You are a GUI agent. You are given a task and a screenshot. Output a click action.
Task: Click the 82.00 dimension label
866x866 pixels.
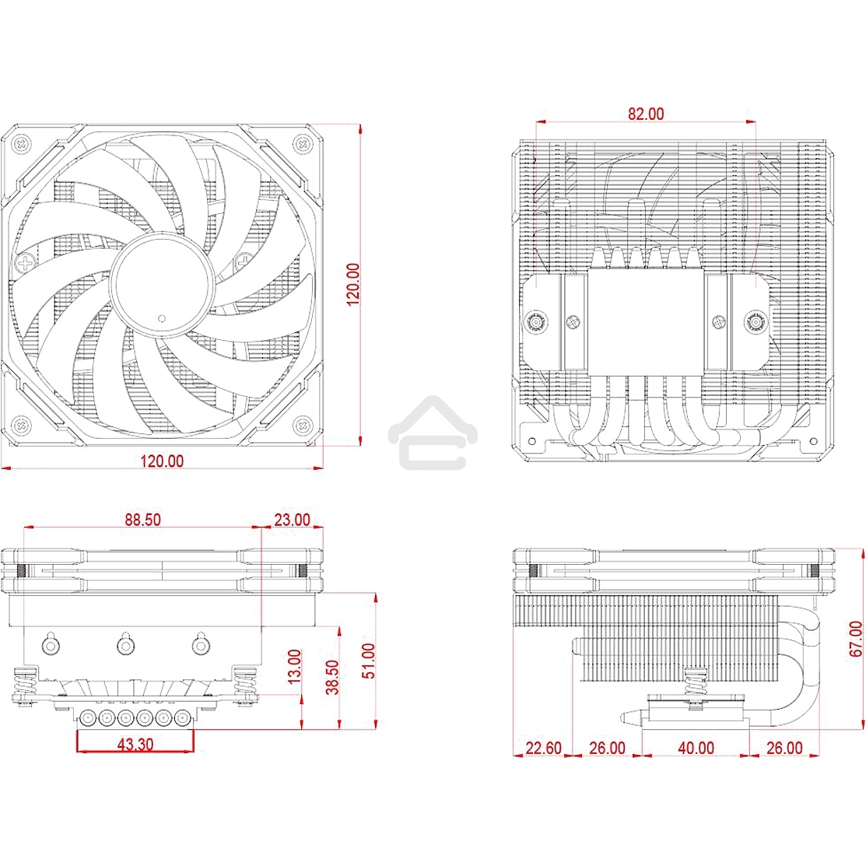click(646, 114)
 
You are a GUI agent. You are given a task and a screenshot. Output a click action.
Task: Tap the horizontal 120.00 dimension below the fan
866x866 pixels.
click(162, 461)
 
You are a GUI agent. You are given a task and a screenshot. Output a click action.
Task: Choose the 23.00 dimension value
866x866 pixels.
click(292, 520)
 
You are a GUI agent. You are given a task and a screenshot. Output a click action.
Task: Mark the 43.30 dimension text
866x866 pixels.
click(135, 745)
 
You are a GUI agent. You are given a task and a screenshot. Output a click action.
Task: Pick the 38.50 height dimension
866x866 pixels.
click(333, 677)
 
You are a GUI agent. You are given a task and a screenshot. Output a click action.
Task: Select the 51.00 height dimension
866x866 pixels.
click(368, 661)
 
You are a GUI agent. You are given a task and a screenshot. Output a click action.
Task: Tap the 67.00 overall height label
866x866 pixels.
click(855, 639)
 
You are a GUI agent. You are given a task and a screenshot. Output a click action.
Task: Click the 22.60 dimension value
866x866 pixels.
click(542, 748)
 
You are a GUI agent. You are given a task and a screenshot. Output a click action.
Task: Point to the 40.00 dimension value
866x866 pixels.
click(695, 748)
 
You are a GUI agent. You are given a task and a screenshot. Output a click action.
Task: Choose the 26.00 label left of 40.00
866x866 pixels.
click(607, 748)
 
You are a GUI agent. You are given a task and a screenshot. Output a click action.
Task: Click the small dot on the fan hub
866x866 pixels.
click(161, 317)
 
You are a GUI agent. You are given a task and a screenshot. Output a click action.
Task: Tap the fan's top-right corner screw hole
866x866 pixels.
click(300, 143)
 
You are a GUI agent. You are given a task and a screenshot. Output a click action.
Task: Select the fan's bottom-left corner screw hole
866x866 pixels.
click(21, 425)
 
